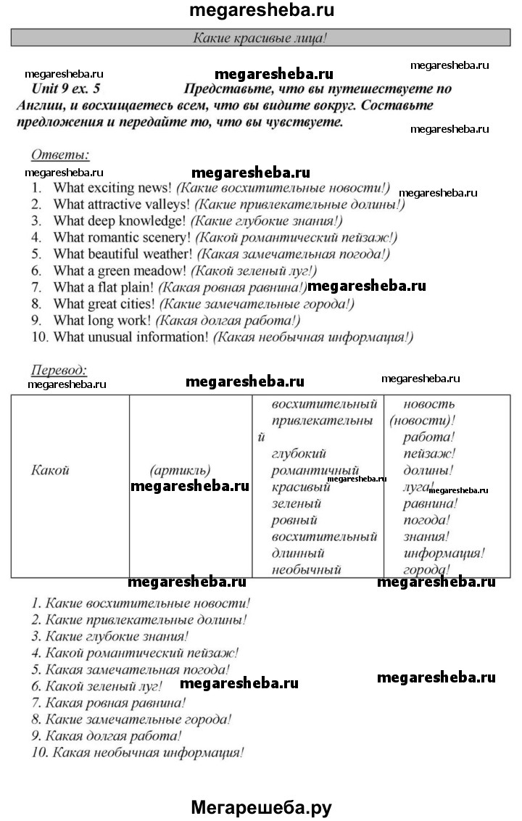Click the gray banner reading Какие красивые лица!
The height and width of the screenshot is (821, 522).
coord(260,38)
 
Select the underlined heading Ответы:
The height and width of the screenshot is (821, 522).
coord(60,154)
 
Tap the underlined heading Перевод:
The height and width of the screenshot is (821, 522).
coord(59,370)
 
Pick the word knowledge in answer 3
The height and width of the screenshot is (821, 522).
coord(154,220)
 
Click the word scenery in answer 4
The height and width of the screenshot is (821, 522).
coord(169,237)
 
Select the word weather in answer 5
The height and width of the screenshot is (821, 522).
coord(168,254)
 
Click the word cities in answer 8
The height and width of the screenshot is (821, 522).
coord(134,304)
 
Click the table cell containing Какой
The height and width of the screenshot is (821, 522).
coord(51,470)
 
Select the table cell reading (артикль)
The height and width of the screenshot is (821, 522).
coord(180,470)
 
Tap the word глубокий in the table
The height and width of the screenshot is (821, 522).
coord(296,454)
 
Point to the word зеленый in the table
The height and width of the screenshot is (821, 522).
coord(296,503)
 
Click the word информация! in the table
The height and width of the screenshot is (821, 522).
coord(444,553)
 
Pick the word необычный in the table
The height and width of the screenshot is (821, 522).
coord(306,569)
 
